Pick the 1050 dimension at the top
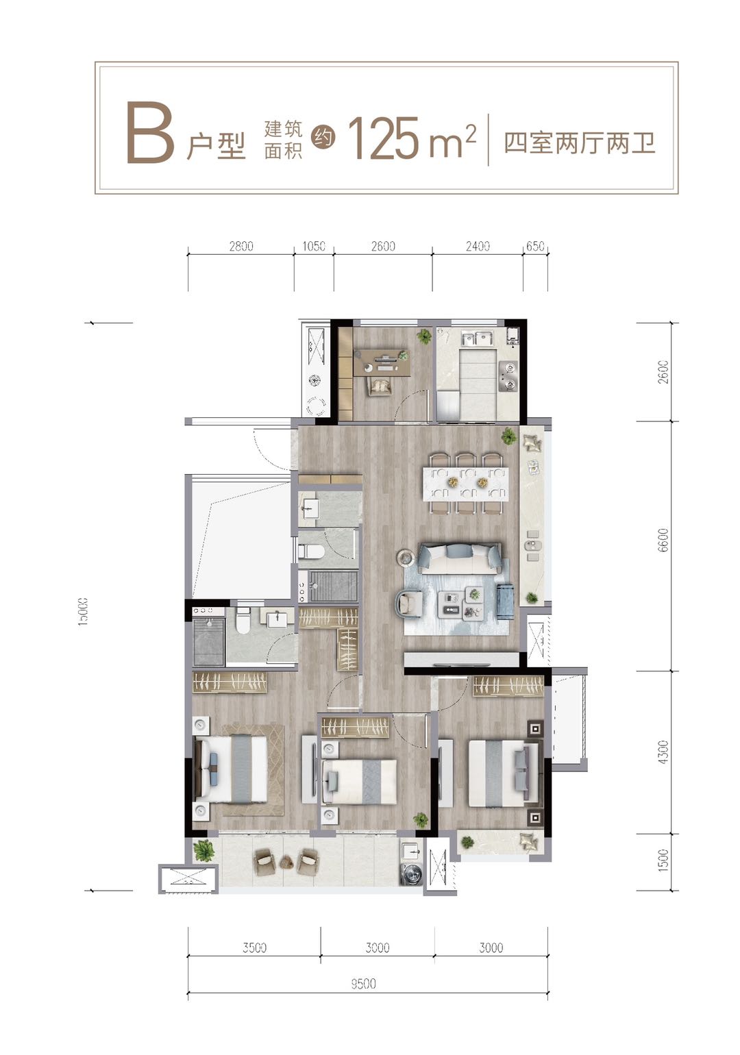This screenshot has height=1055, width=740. click(314, 246)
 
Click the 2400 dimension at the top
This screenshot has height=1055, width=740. click(478, 246)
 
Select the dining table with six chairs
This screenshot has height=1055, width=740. click(468, 483)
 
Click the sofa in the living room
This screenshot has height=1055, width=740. click(460, 559)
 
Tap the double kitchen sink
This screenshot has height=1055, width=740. click(476, 338)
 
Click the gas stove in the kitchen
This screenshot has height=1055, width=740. click(507, 376)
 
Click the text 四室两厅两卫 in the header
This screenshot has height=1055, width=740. click(580, 142)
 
